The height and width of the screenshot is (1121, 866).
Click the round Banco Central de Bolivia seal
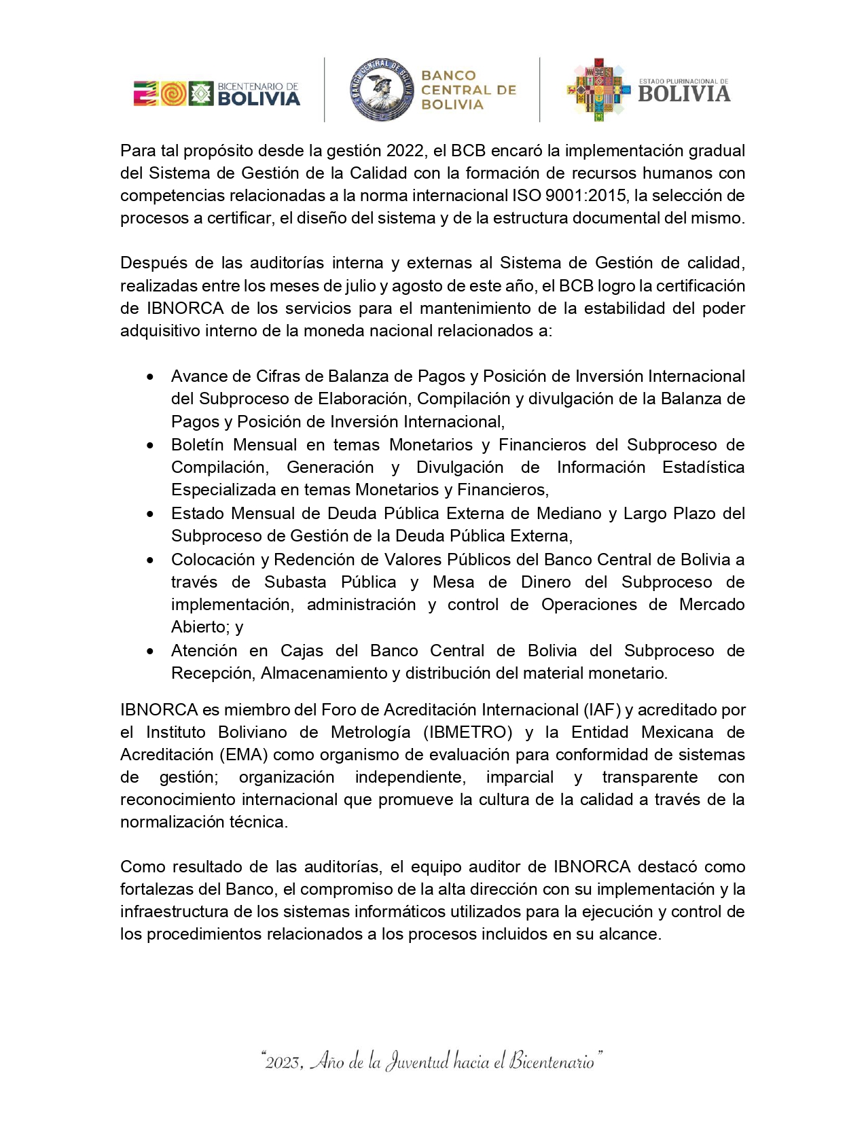click(x=382, y=90)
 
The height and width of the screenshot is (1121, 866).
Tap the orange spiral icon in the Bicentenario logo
click(x=173, y=93)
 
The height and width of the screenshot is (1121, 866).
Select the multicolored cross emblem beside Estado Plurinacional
click(x=598, y=90)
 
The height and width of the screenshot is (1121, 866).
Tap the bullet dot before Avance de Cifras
click(x=150, y=377)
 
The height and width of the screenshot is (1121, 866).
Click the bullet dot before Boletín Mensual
click(x=150, y=446)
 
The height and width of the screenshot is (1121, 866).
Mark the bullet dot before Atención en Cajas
click(x=150, y=652)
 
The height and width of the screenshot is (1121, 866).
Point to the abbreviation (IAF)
click(x=602, y=710)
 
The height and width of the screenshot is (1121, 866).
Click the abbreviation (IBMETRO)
click(x=468, y=732)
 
